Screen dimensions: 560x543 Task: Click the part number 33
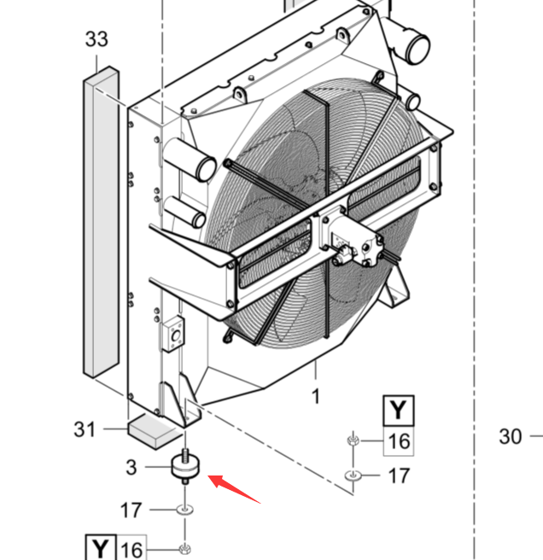[96, 38]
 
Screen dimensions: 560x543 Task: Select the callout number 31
[85, 429]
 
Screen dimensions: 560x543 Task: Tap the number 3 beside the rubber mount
[131, 467]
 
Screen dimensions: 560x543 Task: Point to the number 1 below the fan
[316, 396]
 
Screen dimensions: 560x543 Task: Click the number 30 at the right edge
[510, 436]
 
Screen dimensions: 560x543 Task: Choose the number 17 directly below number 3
[131, 510]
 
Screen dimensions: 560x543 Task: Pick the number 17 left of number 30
[399, 475]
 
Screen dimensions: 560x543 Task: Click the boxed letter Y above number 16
[398, 411]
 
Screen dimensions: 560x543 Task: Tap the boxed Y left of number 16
[101, 548]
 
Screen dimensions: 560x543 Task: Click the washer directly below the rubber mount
[184, 510]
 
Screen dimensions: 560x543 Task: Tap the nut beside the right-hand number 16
[351, 440]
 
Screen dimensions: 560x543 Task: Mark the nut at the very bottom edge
[184, 549]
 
